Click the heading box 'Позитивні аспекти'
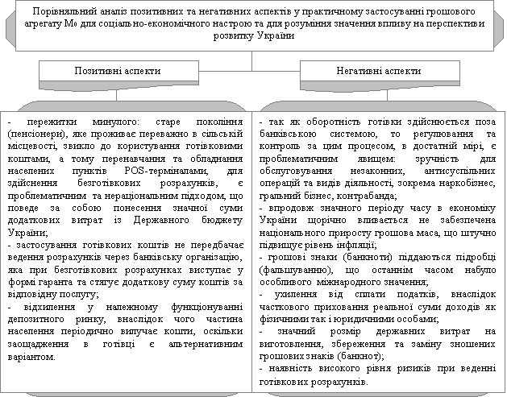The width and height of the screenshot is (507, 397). (118, 71)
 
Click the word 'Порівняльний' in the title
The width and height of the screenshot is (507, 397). (73, 12)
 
